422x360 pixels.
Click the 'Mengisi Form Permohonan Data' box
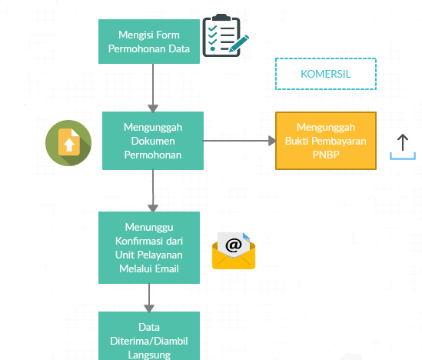(149, 42)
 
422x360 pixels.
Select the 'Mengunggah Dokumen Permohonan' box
(153, 141)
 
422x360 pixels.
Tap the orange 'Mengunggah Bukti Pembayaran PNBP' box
(326, 141)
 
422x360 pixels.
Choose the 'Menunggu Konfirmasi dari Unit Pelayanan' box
(149, 248)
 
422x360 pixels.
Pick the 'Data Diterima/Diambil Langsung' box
(149, 335)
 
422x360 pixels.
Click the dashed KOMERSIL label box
(326, 74)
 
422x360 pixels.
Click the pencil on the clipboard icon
(239, 43)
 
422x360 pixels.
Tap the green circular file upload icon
(68, 143)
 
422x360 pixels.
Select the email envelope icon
(234, 251)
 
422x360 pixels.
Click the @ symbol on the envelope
(234, 245)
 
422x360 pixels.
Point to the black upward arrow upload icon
(403, 142)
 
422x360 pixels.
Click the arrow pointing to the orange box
(239, 141)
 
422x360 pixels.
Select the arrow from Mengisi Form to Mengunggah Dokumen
(153, 88)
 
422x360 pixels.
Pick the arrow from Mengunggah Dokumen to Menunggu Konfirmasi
(153, 191)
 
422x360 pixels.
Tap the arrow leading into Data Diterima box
(149, 298)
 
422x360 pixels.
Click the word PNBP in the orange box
(326, 155)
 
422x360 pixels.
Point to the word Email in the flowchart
(168, 268)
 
